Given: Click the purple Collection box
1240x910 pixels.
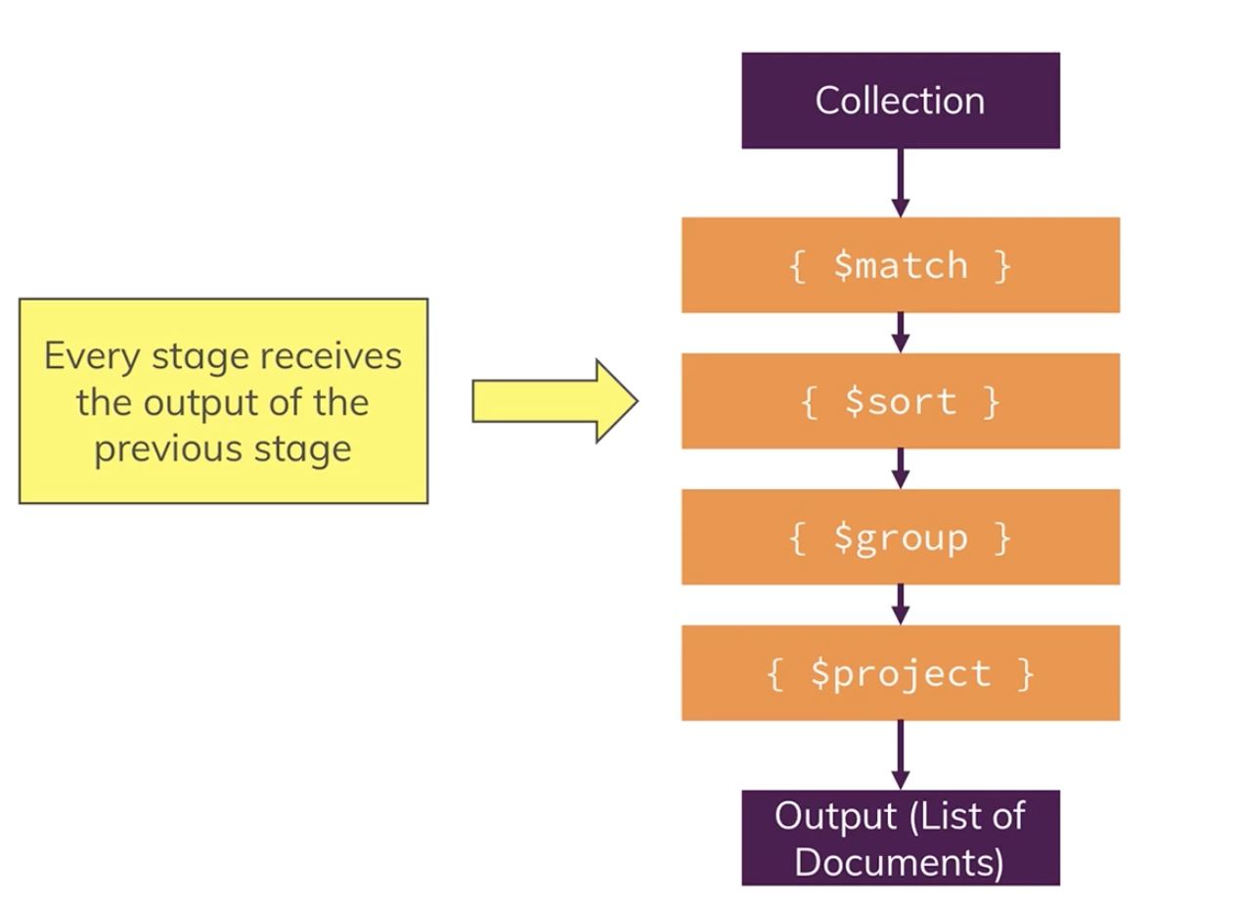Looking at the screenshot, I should tap(900, 101).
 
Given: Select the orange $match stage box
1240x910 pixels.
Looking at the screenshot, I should tap(900, 265).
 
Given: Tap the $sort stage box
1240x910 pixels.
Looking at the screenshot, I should tap(900, 401).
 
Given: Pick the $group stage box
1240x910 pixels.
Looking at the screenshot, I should tap(900, 537).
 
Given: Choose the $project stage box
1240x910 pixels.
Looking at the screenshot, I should tap(900, 673).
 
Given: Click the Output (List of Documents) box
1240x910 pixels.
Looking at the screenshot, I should tap(900, 838).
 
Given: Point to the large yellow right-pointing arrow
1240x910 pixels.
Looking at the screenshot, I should tap(554, 401).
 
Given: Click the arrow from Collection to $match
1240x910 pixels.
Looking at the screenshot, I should tap(901, 182).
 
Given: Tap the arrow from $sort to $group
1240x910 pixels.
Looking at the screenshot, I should tap(901, 468).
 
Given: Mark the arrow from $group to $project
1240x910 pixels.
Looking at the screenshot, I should tap(901, 604).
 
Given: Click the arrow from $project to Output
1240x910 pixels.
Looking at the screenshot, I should tap(901, 754).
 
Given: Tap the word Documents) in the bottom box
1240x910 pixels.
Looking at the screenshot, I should tap(900, 862).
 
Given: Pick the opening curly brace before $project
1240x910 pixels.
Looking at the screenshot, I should tap(776, 674).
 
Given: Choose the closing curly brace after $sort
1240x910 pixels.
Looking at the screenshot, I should tap(990, 402).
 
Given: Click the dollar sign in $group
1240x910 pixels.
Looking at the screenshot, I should tap(845, 537).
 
